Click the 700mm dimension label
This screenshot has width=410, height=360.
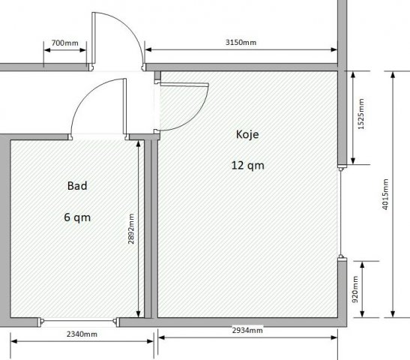pos(65,43)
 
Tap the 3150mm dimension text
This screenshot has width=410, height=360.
pos(241,43)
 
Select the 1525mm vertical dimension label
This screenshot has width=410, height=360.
pos(361,114)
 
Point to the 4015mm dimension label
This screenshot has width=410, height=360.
pos(385,194)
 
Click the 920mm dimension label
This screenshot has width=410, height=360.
pos(355,289)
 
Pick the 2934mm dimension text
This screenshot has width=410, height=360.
pos(247,330)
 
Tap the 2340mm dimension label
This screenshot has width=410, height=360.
pos(82,334)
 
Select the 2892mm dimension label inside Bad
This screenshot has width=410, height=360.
pos(131,229)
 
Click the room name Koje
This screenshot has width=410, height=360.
pos(247,134)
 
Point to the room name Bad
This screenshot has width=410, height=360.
pos(77,186)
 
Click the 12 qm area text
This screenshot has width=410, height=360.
pos(247,166)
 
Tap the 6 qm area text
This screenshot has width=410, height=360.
pos(77,217)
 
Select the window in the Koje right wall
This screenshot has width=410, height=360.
pos(341,211)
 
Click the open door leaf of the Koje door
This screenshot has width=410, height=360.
pos(184,85)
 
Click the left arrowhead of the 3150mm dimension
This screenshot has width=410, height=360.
pos(148,49)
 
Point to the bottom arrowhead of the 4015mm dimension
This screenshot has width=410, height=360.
pos(393,314)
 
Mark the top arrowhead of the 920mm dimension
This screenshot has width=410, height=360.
pos(362,265)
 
